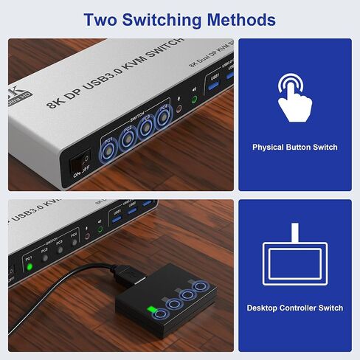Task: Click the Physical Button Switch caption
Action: tap(294, 148)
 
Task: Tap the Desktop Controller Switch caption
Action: tap(294, 308)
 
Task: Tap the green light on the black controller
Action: tap(152, 308)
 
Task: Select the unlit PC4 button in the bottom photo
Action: tap(74, 244)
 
